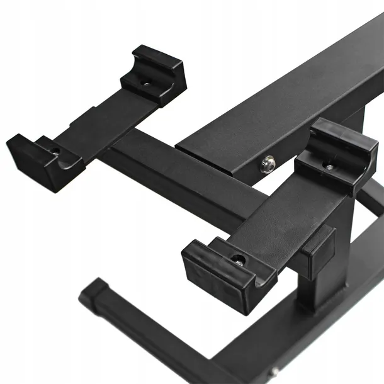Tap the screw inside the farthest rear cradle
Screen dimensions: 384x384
point(146,82)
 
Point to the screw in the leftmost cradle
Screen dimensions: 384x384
point(55,151)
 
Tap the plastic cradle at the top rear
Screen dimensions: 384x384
point(154,74)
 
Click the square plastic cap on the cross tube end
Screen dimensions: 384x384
point(317,252)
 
